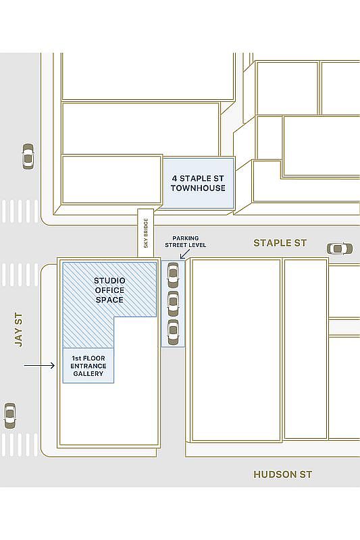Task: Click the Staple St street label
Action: click(280, 242)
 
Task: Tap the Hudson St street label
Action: click(282, 475)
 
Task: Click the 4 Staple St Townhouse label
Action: click(198, 183)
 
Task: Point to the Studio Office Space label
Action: click(109, 290)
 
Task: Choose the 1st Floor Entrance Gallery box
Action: click(88, 365)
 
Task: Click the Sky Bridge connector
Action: click(146, 233)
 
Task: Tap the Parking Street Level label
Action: click(185, 242)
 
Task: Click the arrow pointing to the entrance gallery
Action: click(39, 366)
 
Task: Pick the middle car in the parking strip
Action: click(173, 303)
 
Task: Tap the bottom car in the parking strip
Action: click(173, 331)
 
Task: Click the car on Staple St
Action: click(339, 248)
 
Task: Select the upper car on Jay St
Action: click(28, 156)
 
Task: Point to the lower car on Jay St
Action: click(9, 415)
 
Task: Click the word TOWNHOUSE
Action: click(198, 188)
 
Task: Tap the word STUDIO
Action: click(109, 280)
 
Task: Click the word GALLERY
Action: click(88, 373)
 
